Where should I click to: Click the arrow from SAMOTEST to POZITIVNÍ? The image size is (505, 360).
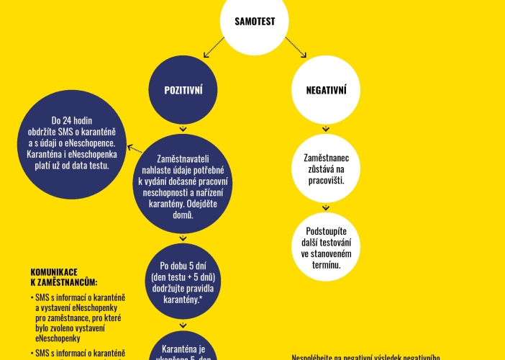(x=211, y=48)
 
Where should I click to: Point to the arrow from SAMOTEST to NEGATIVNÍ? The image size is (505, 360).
(x=296, y=48)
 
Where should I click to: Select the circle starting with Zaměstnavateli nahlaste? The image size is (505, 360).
(x=182, y=185)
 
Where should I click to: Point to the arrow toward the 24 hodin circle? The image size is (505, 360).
(x=134, y=150)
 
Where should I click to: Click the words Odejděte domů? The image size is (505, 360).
(x=182, y=214)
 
